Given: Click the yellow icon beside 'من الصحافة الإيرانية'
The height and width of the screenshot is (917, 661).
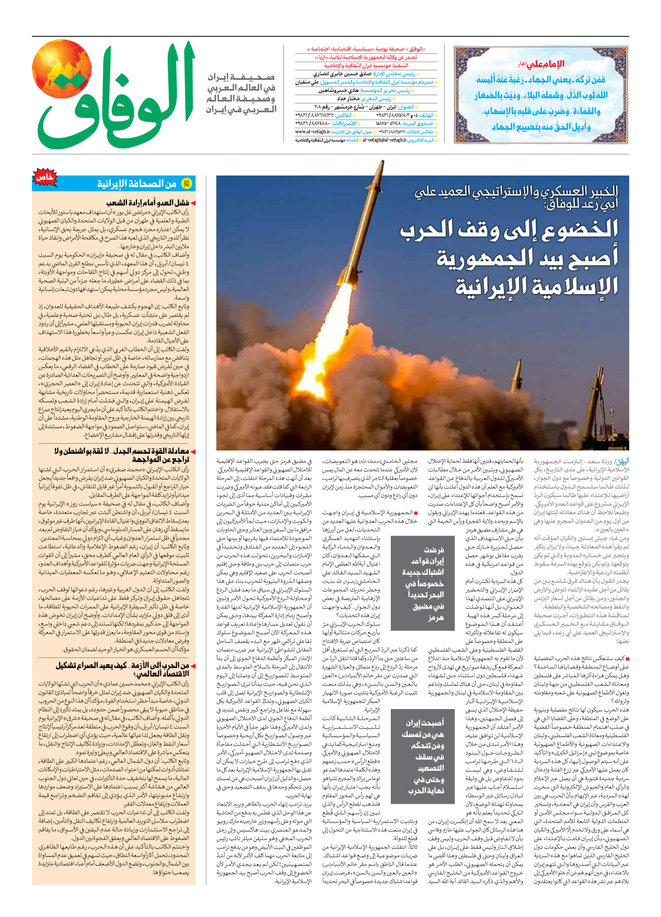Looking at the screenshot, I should click(186, 184).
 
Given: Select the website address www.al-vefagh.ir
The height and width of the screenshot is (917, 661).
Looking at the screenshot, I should click(313, 131).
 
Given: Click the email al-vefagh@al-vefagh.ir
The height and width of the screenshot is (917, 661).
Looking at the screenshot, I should click(384, 140).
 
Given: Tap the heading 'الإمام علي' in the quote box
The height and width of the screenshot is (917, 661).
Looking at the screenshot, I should click(545, 64).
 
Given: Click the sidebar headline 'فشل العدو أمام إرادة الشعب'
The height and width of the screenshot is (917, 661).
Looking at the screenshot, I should click(148, 203).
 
